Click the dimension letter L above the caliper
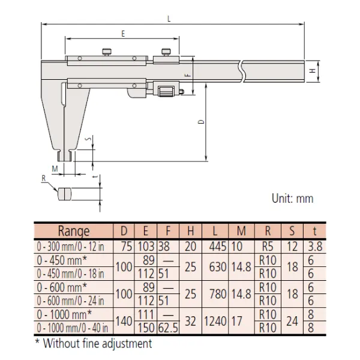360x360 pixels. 169,19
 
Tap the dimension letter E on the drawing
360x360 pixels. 123,34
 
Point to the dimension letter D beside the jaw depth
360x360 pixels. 201,121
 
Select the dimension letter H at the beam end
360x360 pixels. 313,71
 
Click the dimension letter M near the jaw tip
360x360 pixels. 55,169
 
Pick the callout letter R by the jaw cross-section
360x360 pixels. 44,178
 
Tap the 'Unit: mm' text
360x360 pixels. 293,199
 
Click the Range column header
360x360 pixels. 74,231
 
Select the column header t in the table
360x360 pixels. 314,231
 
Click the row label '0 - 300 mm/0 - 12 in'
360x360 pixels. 70,247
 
